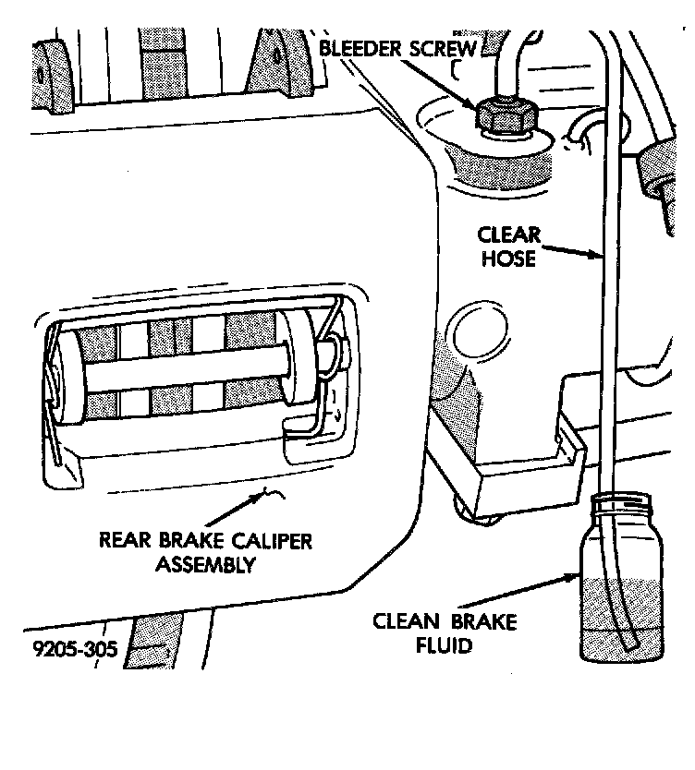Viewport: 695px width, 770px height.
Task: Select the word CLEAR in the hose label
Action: click(506, 236)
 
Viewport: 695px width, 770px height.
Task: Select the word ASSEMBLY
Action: click(203, 563)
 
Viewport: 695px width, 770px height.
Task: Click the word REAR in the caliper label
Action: click(126, 539)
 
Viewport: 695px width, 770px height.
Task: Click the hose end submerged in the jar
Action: click(631, 643)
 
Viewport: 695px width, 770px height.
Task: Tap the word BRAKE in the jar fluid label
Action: click(486, 621)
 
